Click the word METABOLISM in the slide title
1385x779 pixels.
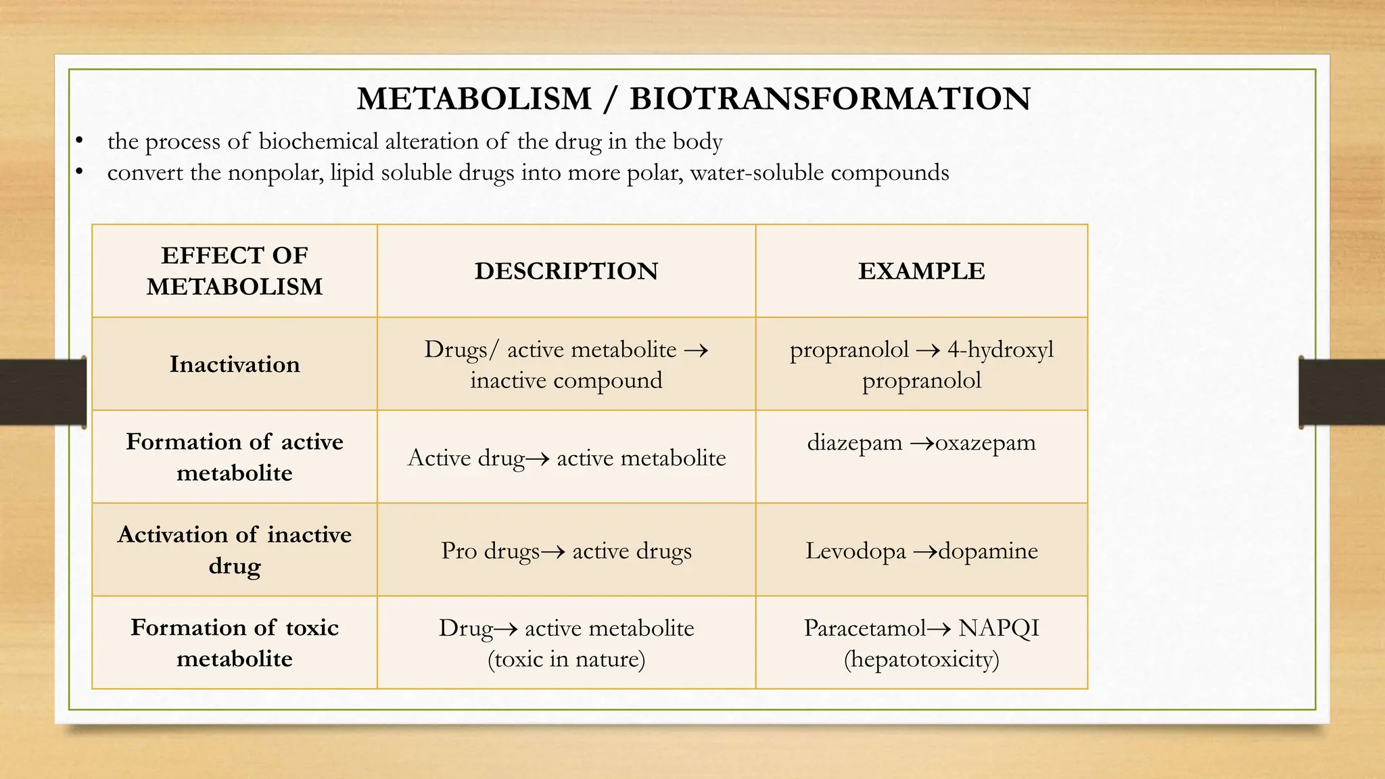click(x=474, y=99)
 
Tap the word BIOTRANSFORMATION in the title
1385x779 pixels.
click(x=830, y=99)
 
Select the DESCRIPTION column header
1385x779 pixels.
click(x=566, y=271)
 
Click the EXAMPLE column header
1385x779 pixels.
click(x=921, y=271)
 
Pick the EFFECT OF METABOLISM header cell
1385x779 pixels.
click(x=235, y=271)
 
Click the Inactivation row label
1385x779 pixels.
click(x=235, y=364)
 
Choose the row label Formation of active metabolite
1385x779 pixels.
click(x=235, y=457)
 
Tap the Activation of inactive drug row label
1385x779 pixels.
click(x=235, y=550)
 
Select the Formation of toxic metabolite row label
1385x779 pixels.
click(x=235, y=642)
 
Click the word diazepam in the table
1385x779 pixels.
click(x=855, y=443)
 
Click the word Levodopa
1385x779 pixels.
click(x=855, y=551)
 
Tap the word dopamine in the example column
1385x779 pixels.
click(x=988, y=551)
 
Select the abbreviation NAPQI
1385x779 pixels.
click(x=998, y=628)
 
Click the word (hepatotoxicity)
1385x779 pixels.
click(x=921, y=659)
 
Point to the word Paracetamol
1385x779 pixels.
click(x=864, y=628)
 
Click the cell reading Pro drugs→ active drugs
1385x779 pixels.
click(x=566, y=551)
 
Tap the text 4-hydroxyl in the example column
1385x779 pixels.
click(x=1000, y=350)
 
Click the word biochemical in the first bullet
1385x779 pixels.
click(x=319, y=141)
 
